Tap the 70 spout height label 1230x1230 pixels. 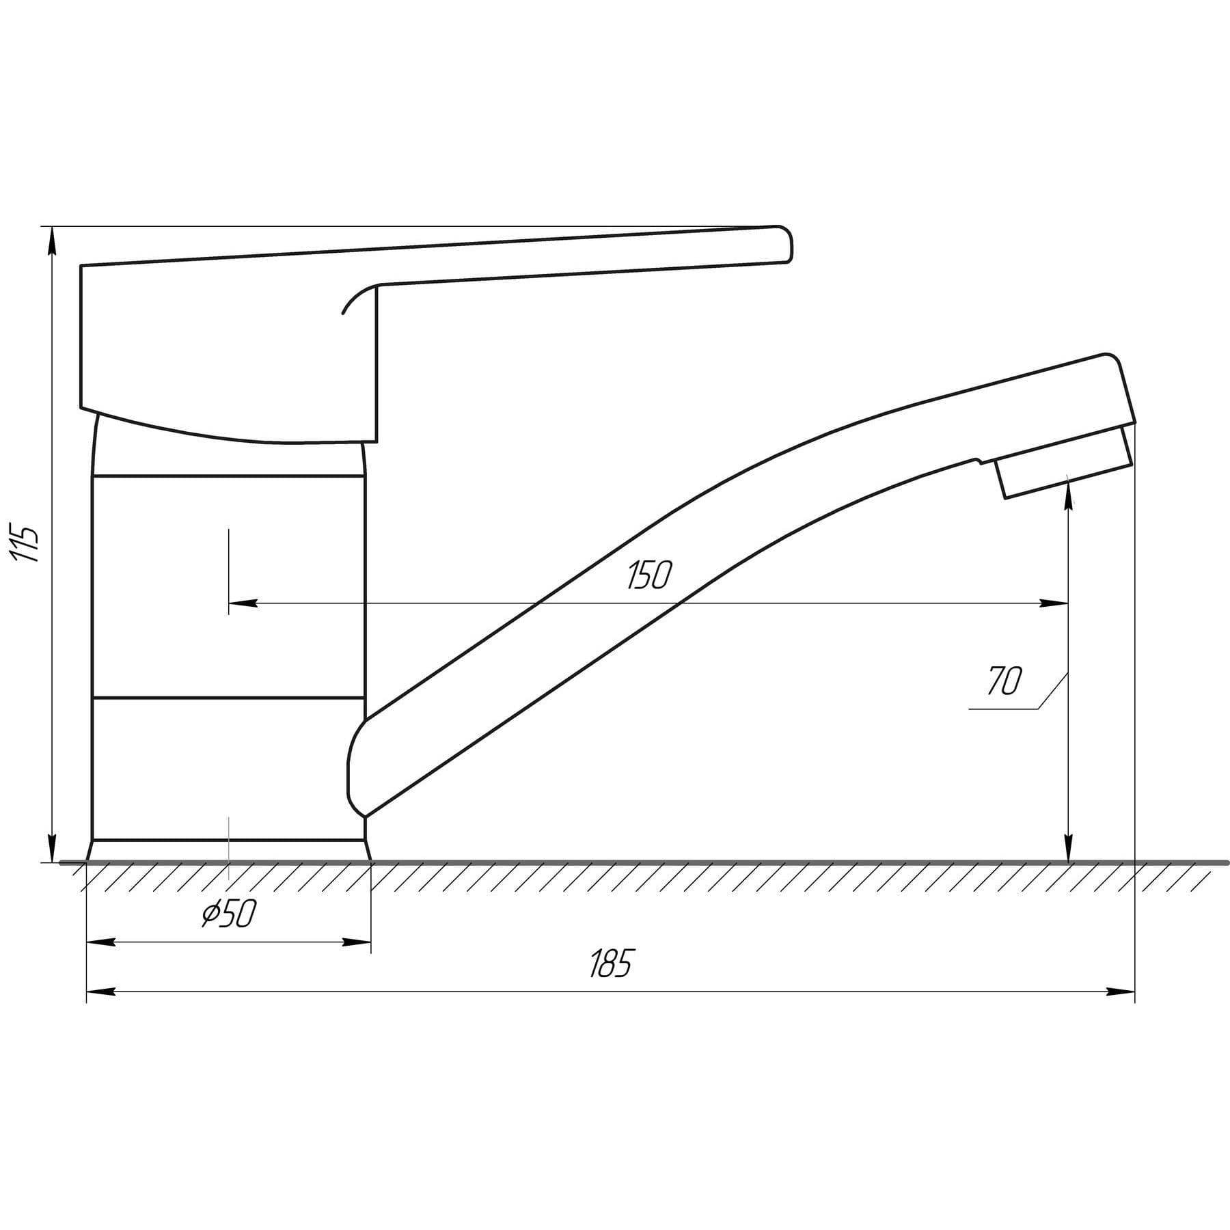[1004, 681]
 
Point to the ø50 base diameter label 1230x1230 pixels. [229, 914]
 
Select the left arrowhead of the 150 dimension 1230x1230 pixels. [243, 603]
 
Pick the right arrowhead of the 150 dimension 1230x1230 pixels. [1053, 603]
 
